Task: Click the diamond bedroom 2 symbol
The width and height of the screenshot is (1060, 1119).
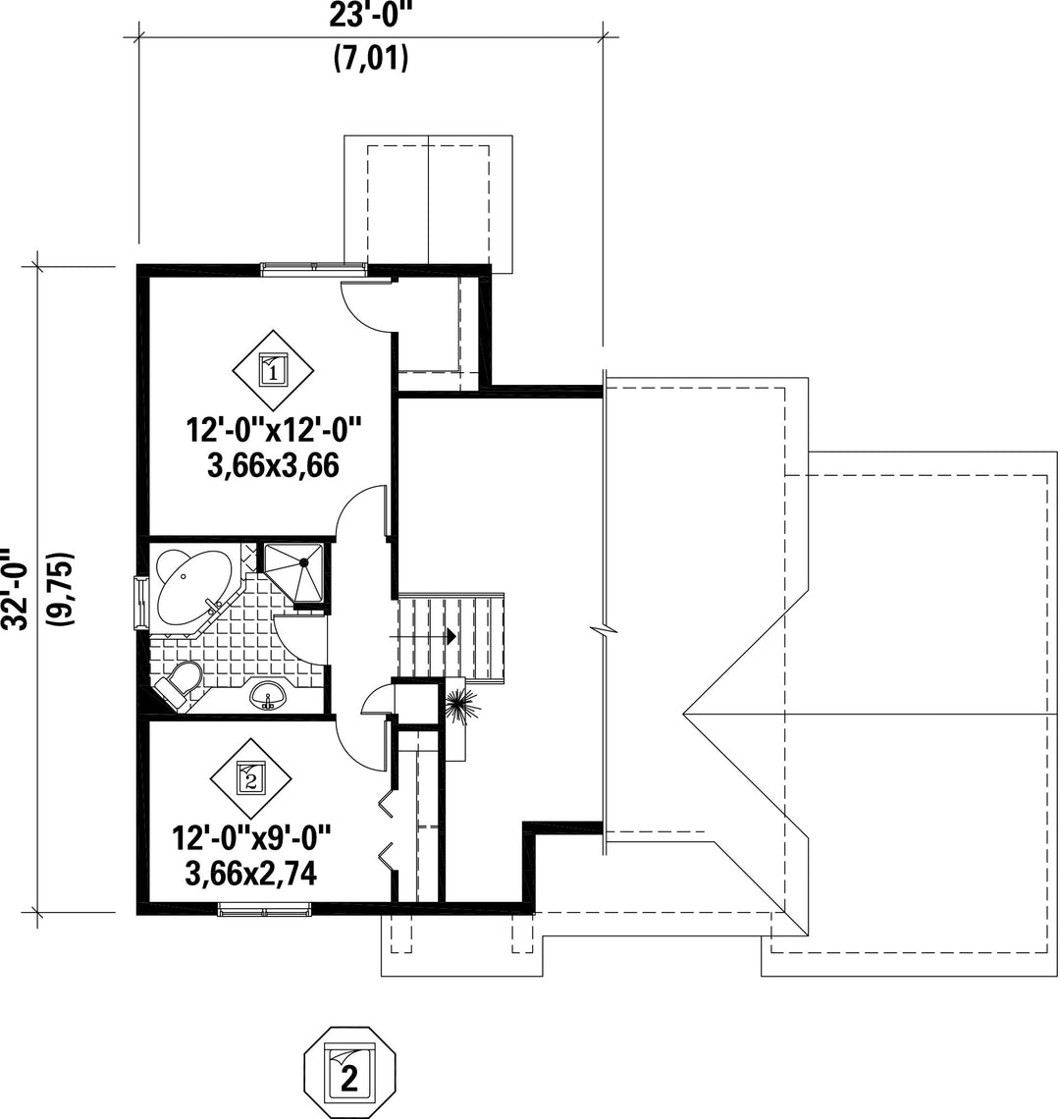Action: [x=249, y=779]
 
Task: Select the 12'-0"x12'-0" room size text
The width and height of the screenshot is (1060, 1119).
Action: [x=274, y=430]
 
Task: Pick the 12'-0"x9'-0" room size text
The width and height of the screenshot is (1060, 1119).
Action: [x=251, y=839]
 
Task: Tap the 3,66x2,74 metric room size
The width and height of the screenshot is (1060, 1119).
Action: [x=250, y=873]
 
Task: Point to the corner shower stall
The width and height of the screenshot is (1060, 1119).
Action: [x=294, y=570]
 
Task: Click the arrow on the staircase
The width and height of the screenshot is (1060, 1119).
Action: [x=450, y=635]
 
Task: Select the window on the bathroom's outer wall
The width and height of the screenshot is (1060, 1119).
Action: [x=140, y=602]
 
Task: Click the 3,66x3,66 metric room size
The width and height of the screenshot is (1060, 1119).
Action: [x=274, y=464]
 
